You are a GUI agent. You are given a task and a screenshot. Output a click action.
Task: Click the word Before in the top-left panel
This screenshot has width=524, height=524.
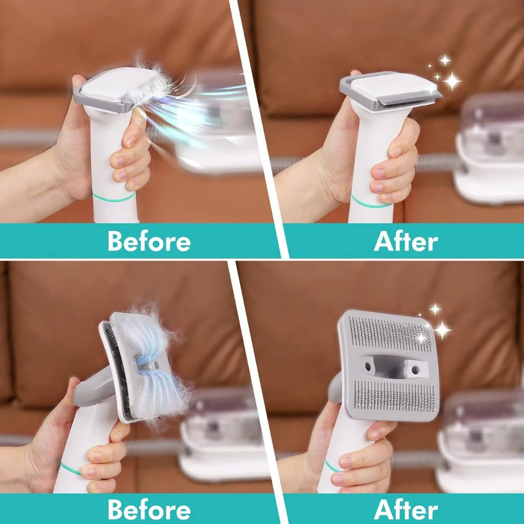click(x=149, y=241)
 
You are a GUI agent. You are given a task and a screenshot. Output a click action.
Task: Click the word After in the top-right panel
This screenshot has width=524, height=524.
click(x=406, y=241)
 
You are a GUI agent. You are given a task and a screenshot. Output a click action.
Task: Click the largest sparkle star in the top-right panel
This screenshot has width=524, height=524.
click(x=452, y=81)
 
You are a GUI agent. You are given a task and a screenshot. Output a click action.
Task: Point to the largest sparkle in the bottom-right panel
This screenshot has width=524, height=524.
click(x=442, y=330)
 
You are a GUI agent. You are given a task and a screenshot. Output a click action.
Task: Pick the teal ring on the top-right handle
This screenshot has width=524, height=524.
click(x=369, y=203)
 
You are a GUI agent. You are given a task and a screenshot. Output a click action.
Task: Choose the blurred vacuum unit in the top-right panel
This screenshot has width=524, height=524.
click(x=489, y=148)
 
